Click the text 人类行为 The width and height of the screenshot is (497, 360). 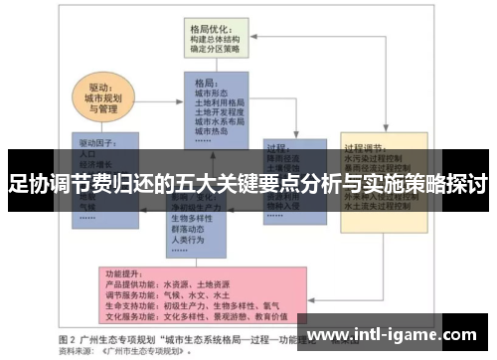coord(189,240)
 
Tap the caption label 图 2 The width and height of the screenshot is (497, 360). coord(71,337)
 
